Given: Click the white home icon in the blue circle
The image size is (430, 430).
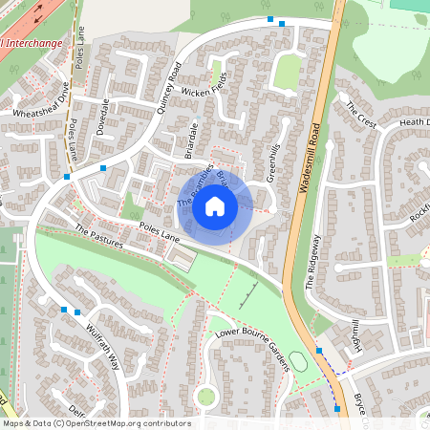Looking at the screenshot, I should pyautogui.click(x=215, y=205).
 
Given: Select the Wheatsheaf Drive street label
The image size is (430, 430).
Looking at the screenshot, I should pyautogui.click(x=41, y=99).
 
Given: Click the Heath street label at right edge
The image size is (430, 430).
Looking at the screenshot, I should pyautogui.click(x=414, y=122).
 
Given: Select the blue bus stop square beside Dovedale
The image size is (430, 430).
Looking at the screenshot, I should pyautogui.click(x=103, y=168).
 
